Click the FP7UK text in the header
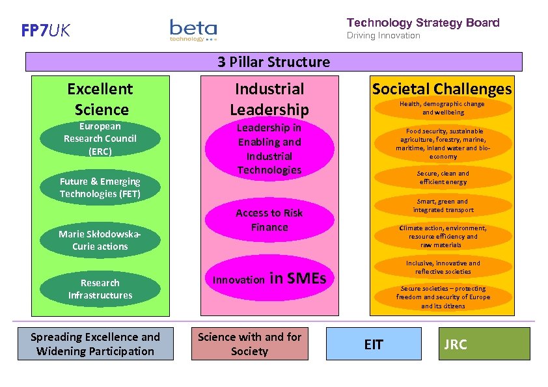(46, 31)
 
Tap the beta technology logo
(193, 30)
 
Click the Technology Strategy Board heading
(423, 23)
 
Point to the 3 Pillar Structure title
(273, 62)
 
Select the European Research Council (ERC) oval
(100, 139)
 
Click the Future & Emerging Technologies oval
(100, 187)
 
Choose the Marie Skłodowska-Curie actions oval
(100, 240)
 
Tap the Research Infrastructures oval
(100, 289)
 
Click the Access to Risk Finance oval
(269, 220)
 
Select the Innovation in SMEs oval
(269, 279)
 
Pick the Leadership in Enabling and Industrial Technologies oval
(269, 149)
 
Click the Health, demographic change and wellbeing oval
(442, 108)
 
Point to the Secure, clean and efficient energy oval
(443, 178)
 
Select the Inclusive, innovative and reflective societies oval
(443, 267)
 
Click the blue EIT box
(374, 344)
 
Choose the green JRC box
(484, 344)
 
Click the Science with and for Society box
(250, 344)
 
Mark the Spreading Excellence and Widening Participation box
(96, 344)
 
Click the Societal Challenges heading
(442, 89)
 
